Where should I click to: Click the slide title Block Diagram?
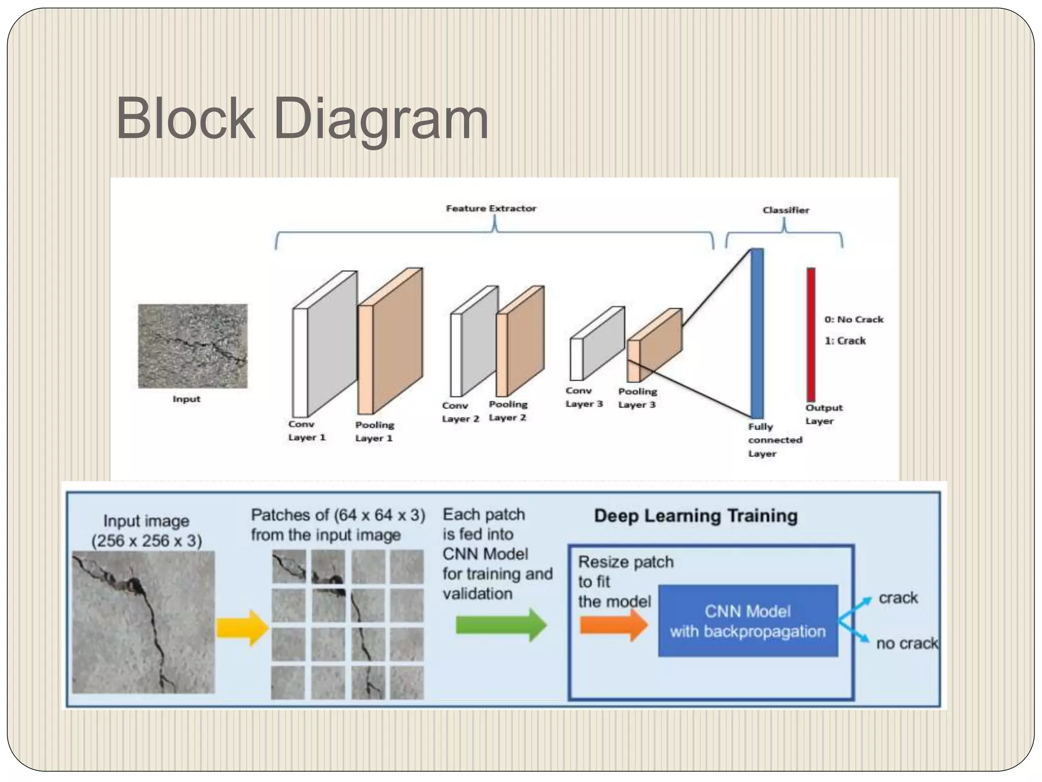302,119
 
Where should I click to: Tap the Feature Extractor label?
491,208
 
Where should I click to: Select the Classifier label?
786,210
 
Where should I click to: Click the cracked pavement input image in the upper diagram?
193,346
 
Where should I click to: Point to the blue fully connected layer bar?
757,333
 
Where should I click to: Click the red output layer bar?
811,334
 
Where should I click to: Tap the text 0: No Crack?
854,320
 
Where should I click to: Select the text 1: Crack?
845,341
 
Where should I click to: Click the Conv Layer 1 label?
306,431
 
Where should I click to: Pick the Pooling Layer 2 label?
508,411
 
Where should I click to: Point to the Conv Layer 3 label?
584,397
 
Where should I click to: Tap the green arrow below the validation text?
501,625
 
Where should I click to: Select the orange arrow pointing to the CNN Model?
614,625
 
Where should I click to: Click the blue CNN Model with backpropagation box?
747,621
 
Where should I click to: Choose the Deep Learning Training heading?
696,516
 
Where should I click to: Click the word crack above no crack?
898,598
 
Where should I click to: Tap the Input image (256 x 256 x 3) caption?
147,531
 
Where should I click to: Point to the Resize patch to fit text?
625,572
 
